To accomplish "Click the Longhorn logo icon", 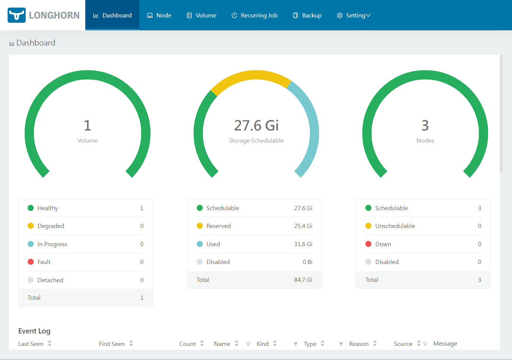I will [x=17, y=15].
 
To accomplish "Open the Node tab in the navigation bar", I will [x=159, y=16].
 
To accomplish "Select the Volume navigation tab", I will [x=202, y=16].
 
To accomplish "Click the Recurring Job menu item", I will [x=255, y=16].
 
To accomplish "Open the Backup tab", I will [x=307, y=16].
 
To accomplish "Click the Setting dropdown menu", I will [x=354, y=16].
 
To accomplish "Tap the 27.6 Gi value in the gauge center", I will [x=256, y=125].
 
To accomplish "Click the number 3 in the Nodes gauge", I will [x=425, y=125].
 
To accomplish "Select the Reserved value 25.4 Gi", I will [x=303, y=226].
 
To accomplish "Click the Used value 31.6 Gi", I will [x=303, y=244].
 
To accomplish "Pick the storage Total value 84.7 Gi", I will [x=303, y=280].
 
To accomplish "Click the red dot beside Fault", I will [x=31, y=262].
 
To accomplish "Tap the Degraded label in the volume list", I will [x=51, y=226].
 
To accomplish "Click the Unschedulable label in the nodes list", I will [x=395, y=226].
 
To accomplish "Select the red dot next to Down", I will [x=368, y=244].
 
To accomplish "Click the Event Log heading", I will [x=34, y=331].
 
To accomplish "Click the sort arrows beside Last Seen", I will [x=50, y=344].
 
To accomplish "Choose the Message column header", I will [x=445, y=344].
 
